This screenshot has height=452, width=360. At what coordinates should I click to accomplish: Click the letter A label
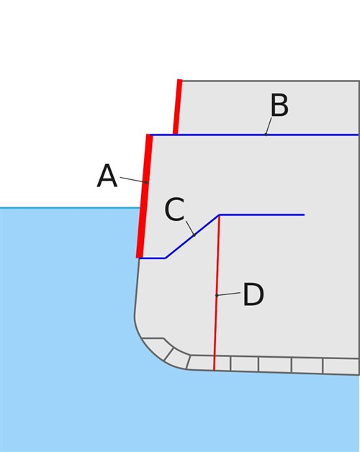(107, 176)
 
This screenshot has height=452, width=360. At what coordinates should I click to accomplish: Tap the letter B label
(279, 105)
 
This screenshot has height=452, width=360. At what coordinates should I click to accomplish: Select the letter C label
(174, 209)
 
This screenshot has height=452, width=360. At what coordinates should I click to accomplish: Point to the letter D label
(253, 294)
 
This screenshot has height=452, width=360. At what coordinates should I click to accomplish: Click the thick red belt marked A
(144, 196)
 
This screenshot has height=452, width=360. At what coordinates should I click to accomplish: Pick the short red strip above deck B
(177, 107)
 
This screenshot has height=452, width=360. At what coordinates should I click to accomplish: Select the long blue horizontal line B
(254, 135)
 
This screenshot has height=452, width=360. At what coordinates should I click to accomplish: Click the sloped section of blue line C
(192, 236)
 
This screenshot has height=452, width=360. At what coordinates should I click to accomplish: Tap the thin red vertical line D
(216, 293)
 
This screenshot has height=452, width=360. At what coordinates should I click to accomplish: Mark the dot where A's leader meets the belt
(146, 182)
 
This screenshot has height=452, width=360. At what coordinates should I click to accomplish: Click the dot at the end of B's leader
(266, 135)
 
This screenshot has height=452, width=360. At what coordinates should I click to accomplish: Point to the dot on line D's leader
(217, 295)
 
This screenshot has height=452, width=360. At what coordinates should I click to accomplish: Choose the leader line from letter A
(133, 180)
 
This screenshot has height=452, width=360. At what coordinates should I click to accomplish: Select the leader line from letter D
(228, 294)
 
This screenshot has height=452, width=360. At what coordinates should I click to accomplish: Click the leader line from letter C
(190, 228)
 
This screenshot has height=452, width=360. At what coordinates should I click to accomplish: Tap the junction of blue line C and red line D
(219, 215)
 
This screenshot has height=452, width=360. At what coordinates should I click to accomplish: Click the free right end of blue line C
(305, 214)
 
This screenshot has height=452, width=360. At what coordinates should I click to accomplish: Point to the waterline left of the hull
(70, 207)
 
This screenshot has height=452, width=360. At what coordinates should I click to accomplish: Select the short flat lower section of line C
(153, 258)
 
